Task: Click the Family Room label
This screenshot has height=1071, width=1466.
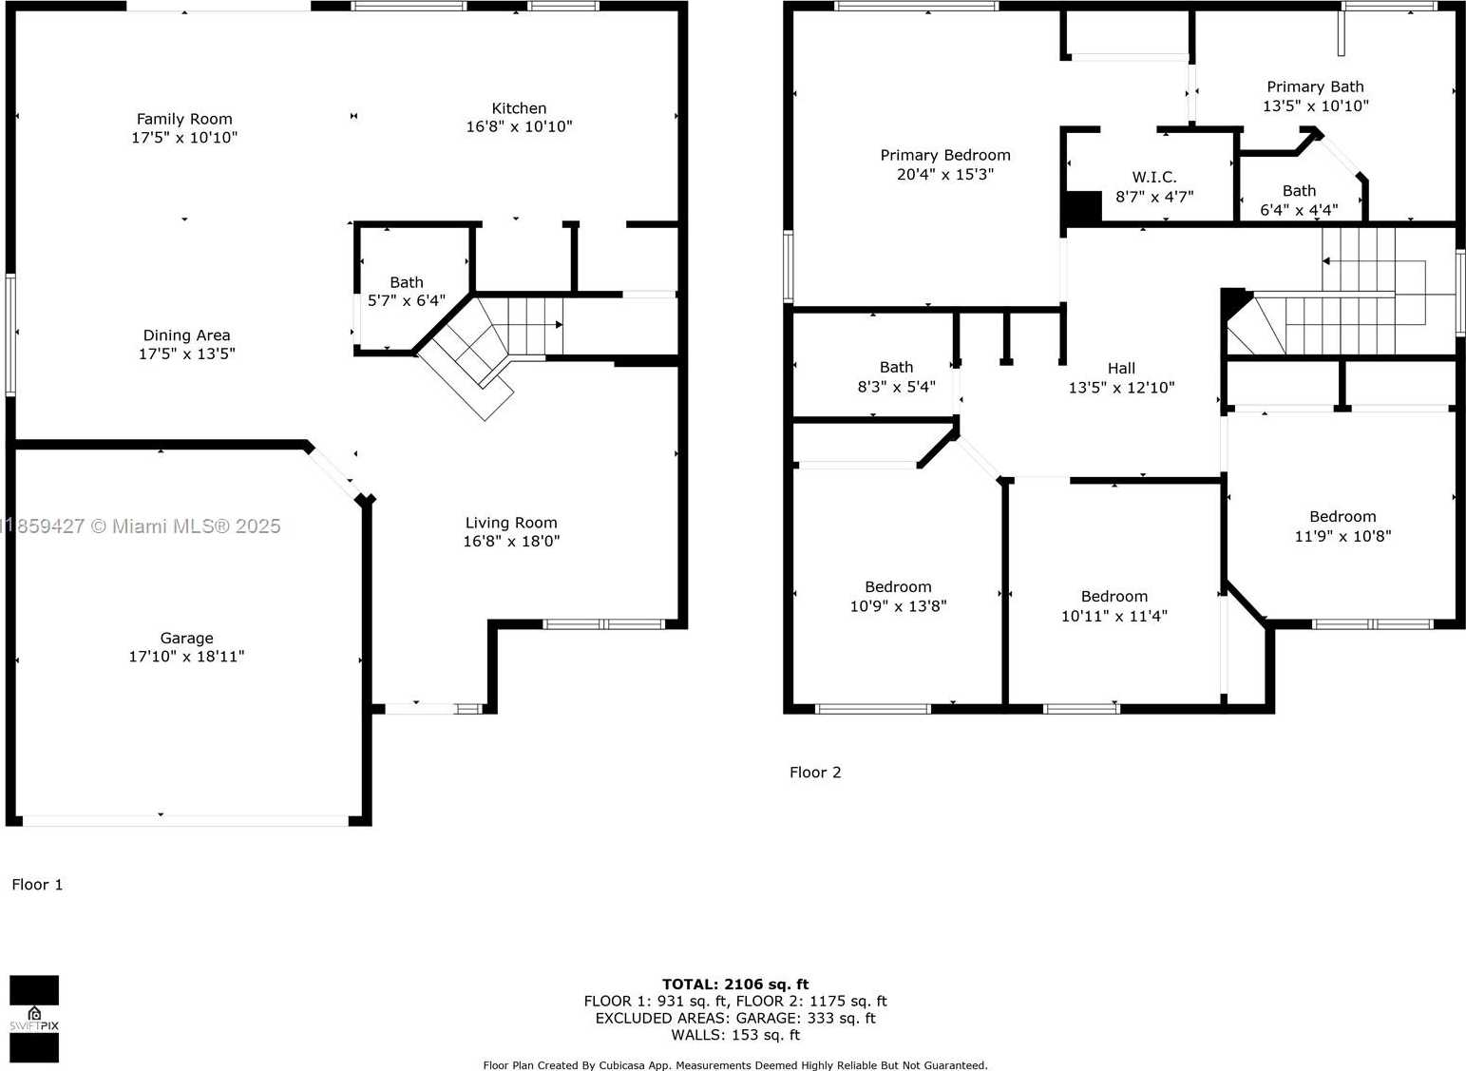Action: pos(184,119)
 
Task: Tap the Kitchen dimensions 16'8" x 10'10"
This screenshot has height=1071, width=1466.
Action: pos(519,126)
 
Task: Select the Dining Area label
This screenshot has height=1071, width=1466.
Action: pos(186,335)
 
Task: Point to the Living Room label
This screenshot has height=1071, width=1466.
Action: pos(511,523)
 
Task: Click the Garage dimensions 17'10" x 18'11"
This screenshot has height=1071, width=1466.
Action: pos(186,656)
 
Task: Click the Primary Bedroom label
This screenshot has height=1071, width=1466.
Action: pos(945,155)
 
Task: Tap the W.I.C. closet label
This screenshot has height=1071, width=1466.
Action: pos(1154,177)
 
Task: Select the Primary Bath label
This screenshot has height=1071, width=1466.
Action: pos(1316,86)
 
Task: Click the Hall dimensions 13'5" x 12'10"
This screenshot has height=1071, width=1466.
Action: pos(1122,388)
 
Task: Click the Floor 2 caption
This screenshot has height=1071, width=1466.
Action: pos(815,773)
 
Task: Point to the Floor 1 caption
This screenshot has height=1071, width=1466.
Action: pos(37,885)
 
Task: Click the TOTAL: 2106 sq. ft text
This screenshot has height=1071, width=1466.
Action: pos(735,984)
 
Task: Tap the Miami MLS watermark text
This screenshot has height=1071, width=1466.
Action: pos(140,526)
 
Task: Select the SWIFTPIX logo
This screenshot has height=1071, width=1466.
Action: pos(34,1019)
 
